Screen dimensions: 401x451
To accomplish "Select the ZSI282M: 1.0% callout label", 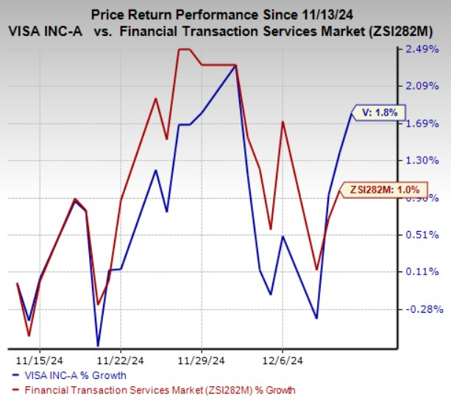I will pyautogui.click(x=383, y=189).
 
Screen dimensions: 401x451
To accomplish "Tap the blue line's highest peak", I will pyautogui.click(x=235, y=66).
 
